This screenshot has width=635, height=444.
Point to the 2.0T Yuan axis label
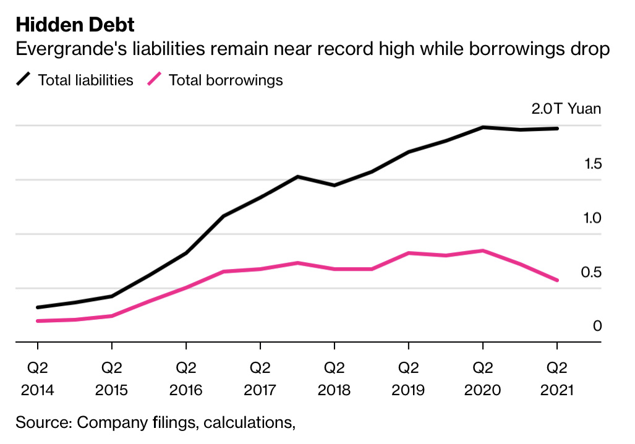coord(566,109)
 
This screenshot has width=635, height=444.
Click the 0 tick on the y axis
coord(597,326)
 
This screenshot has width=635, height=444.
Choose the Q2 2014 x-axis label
coord(37,379)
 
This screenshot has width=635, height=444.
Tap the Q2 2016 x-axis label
coord(185,379)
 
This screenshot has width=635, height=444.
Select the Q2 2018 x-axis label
coord(334,379)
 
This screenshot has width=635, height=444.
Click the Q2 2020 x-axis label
coord(482,379)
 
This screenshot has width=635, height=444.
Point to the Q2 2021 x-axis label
coord(556,379)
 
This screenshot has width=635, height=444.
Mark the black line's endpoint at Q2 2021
coord(557,129)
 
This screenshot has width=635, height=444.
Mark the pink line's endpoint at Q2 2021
coord(557,280)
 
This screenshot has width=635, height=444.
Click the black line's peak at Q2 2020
coord(483,127)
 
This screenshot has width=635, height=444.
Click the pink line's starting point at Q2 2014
coord(38,321)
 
